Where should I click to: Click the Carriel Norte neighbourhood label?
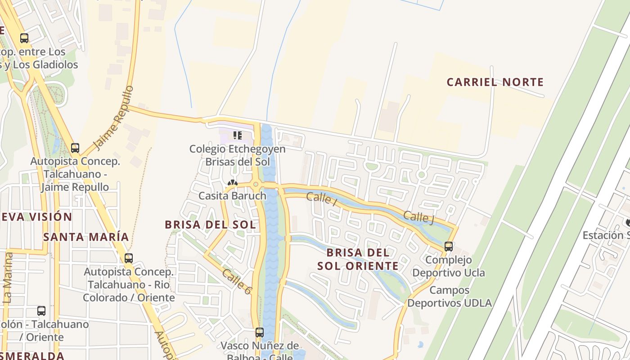pos(495,82)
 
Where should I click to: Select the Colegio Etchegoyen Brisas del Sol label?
pos(237,155)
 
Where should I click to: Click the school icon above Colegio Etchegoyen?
pos(237,135)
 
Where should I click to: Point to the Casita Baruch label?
pos(232,196)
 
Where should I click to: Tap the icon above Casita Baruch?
pos(232,183)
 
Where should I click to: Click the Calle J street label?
pos(418,216)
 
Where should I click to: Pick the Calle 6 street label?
pos(236,282)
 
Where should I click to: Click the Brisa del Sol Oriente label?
pos(358,259)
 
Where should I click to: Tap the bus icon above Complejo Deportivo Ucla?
pos(448,246)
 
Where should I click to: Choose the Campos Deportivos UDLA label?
pos(449,297)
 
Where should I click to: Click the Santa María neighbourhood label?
pos(86,237)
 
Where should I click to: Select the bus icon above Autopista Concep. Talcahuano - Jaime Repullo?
pos(75,148)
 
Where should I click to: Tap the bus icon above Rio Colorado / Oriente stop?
pos(129,258)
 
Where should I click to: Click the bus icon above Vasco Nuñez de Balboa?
pos(259,333)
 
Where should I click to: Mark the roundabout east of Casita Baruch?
pos(256,184)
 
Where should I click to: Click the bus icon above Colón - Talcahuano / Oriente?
pos(41,310)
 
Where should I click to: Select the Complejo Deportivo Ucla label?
pos(449,266)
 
